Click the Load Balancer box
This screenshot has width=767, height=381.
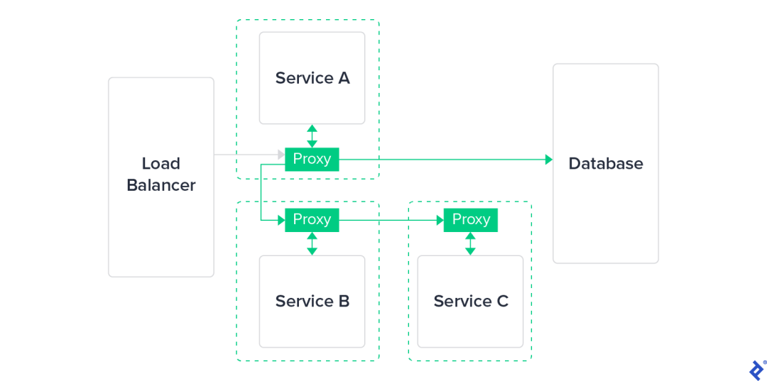click(161, 177)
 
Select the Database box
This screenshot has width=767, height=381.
click(606, 164)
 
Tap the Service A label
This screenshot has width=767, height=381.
click(312, 77)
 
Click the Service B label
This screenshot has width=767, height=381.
click(312, 301)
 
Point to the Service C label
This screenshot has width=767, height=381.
click(471, 301)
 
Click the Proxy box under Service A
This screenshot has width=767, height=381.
click(312, 159)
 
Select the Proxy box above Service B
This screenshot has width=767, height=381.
click(312, 220)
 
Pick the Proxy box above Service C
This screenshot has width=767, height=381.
click(471, 220)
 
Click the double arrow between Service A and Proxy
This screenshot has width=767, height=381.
click(312, 136)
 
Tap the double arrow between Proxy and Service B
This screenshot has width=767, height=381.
click(312, 244)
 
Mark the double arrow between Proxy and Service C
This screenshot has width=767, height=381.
click(471, 244)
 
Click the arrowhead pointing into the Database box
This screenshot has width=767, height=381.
click(549, 159)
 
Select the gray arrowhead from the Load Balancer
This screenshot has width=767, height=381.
click(281, 155)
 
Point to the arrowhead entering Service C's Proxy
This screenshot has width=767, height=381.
click(440, 220)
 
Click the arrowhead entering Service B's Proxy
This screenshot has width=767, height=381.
click(281, 220)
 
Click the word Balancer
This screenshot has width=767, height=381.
click(161, 186)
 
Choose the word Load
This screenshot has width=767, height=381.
click(161, 164)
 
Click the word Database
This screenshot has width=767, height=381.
click(606, 164)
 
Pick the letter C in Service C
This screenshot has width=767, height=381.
click(502, 301)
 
